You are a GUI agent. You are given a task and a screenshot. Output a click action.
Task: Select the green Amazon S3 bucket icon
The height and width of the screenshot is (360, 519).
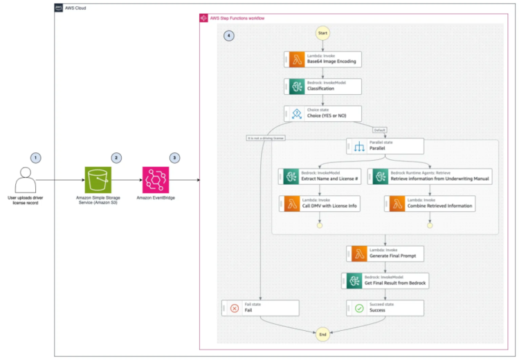point(98,182)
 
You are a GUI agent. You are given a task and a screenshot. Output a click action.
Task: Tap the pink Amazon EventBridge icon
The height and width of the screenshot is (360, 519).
point(156,182)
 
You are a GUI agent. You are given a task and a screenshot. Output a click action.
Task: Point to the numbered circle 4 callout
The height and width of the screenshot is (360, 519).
point(229,35)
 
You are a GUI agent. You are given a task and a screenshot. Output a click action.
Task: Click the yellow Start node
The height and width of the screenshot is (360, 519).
point(322,33)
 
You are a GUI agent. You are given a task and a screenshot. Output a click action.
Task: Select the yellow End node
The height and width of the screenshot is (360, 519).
point(322,334)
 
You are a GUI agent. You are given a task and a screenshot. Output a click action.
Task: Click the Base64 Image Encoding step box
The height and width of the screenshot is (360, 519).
point(322,59)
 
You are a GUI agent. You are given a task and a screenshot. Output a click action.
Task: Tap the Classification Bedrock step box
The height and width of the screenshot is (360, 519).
point(322,86)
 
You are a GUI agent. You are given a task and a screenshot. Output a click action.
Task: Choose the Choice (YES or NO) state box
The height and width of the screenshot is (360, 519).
point(322,113)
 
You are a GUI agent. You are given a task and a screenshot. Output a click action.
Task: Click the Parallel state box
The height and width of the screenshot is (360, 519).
point(385,146)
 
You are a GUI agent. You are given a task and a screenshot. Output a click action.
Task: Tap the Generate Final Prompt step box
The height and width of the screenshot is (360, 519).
point(385,254)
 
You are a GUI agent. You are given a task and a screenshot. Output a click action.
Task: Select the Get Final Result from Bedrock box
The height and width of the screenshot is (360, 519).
point(385,281)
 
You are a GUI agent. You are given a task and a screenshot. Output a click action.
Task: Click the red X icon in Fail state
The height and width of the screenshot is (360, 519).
point(234,308)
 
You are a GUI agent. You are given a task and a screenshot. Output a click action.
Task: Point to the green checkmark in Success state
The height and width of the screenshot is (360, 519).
point(358,308)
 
